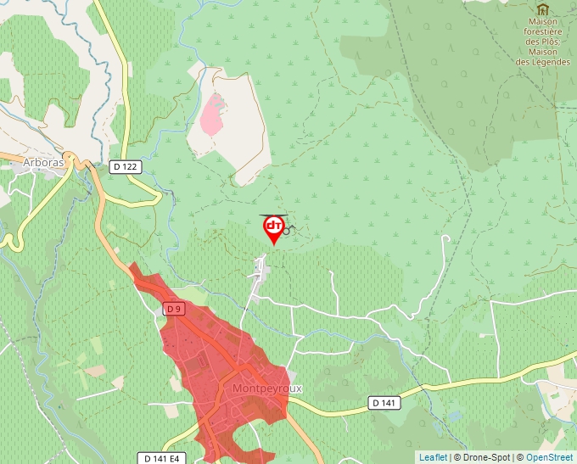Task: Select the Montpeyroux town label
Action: pos(266,389)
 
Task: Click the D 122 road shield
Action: pos(125,167)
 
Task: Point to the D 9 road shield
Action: pos(174,310)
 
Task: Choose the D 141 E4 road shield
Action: pos(161,458)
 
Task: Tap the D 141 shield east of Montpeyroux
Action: pos(384,403)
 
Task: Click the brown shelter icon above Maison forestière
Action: pos(542,9)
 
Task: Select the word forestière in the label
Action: pos(546,31)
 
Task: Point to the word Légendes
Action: pos(548,62)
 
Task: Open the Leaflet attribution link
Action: pos(433,457)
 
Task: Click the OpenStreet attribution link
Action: pos(549,457)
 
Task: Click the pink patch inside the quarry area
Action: pos(212,115)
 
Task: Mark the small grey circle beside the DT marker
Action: pos(288,230)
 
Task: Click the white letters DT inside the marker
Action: pos(273,226)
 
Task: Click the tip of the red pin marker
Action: pos(273,245)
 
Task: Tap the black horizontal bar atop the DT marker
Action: pos(273,215)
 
